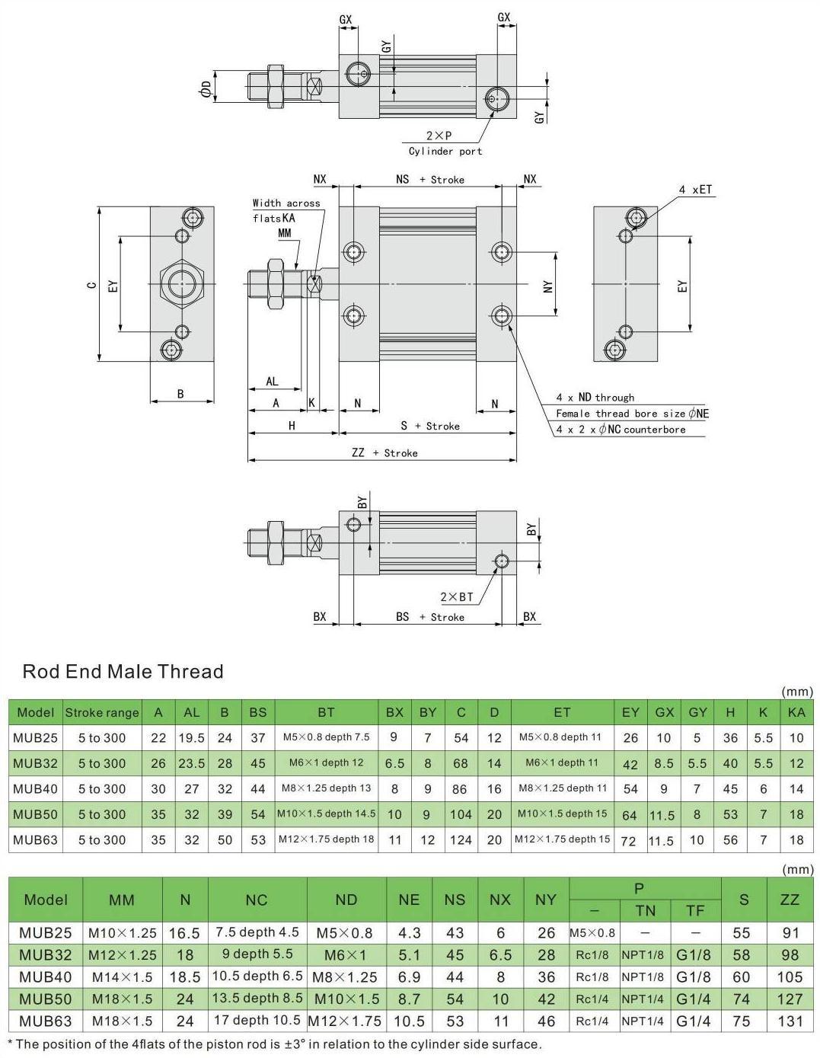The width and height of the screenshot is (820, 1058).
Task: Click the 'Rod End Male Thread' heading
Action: [x=123, y=672]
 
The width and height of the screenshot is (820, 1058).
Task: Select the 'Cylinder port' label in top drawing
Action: [x=445, y=151]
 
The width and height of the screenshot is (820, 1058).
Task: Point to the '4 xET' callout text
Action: [x=696, y=189]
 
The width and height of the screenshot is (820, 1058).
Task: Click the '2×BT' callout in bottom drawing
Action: [x=457, y=597]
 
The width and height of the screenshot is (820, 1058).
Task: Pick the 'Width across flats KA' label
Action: [x=286, y=210]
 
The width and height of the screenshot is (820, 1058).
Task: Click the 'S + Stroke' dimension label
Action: [x=430, y=426]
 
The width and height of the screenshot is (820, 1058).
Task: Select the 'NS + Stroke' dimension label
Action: [x=429, y=180]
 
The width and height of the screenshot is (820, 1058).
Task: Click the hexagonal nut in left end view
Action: [x=181, y=284]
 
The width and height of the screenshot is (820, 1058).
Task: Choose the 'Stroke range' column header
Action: [x=102, y=713]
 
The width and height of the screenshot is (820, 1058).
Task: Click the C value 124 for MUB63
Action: [x=461, y=839]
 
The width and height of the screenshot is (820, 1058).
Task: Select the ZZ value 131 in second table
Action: [x=790, y=1021]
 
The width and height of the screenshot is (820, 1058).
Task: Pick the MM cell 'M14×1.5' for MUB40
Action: [x=122, y=976]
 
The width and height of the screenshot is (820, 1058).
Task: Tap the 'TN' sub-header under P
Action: [x=645, y=910]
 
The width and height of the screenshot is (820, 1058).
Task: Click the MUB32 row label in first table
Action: [x=35, y=763]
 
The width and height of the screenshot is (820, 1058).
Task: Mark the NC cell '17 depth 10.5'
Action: [x=257, y=1021]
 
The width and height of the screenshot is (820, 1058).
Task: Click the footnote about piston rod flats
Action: [x=274, y=1044]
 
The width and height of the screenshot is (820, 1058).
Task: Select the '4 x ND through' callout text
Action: [x=594, y=397]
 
